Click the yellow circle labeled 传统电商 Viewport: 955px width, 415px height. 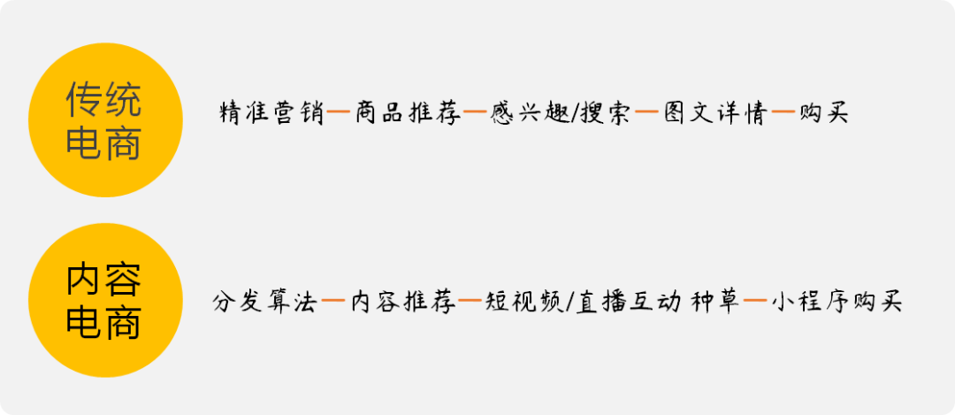pos(104,121)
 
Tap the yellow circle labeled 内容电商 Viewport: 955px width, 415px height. pos(104,301)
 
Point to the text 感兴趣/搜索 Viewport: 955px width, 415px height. pos(561,114)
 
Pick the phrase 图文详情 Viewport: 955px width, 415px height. pos(714,114)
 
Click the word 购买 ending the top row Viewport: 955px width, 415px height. pos(823,114)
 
